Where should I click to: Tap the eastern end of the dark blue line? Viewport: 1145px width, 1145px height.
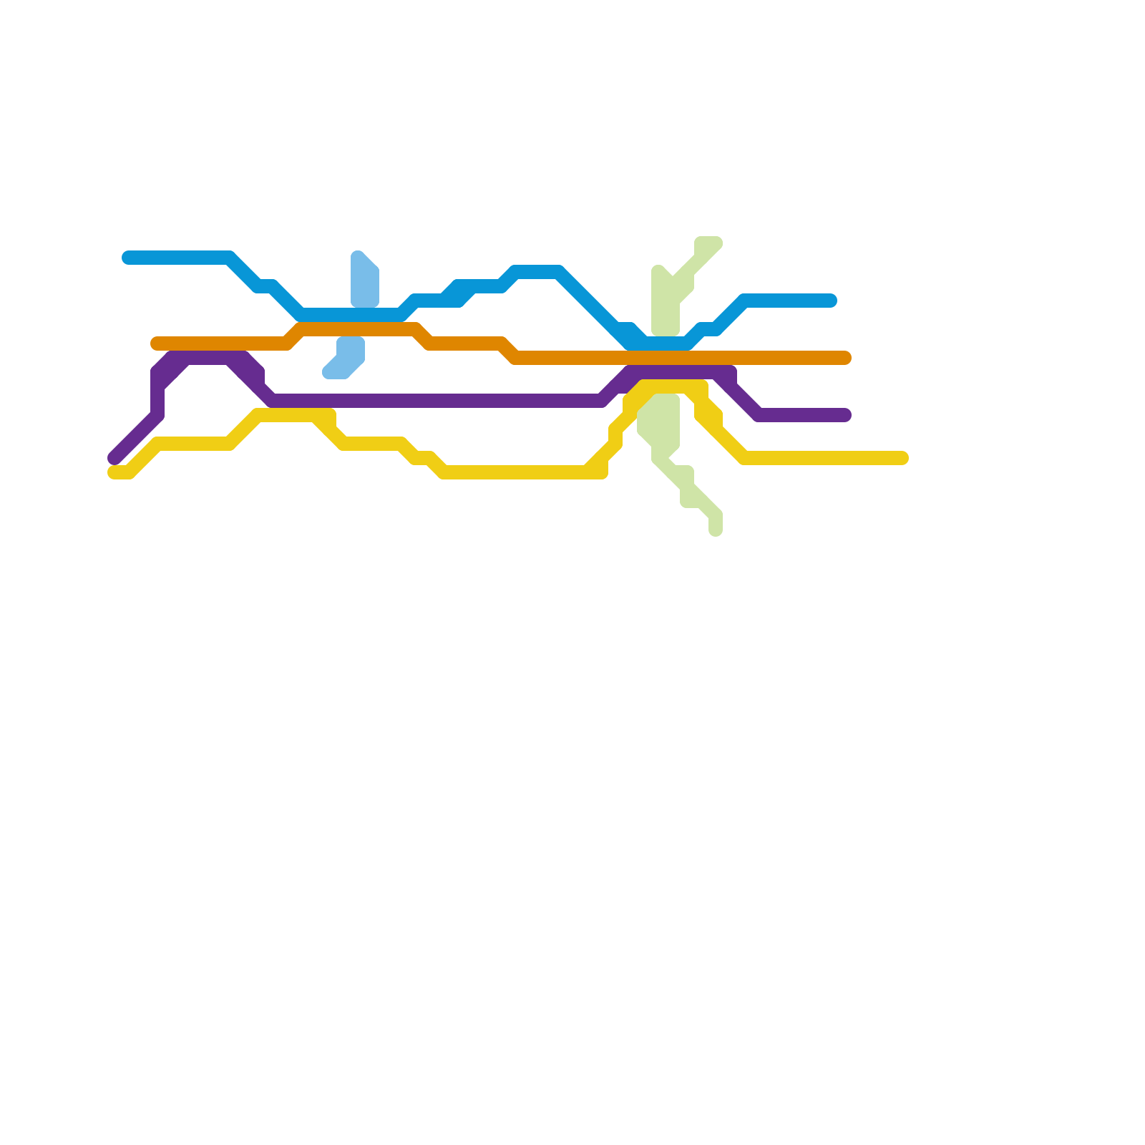831,301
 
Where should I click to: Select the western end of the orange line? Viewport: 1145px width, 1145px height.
157,343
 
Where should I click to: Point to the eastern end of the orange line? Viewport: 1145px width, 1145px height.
845,358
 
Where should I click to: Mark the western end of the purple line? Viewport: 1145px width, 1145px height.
114,458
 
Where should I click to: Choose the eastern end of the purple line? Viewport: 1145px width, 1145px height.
845,415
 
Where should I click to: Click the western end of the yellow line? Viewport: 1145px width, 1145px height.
114,472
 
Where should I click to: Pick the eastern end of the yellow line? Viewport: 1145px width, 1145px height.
902,458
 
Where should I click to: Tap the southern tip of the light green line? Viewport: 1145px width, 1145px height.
716,530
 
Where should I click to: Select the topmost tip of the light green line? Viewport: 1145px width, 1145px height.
708,242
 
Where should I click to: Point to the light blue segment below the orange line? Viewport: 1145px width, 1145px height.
347,358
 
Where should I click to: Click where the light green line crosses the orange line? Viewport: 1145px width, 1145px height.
666,358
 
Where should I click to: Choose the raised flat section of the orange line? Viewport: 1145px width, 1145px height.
358,329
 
